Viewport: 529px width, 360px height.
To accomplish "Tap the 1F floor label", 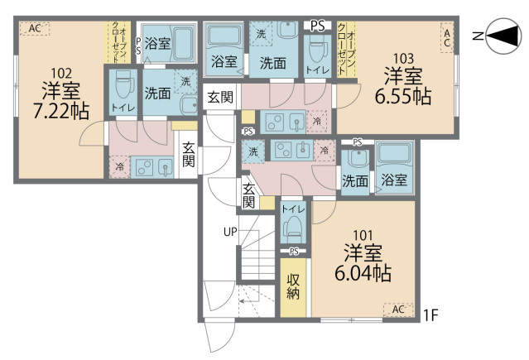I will [x=430, y=314].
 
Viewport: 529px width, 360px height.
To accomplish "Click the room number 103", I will [x=404, y=58].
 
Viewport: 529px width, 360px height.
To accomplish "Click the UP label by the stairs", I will [x=230, y=233].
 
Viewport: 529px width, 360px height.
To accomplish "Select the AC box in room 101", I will [x=397, y=310].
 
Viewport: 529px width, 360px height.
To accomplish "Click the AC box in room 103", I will [x=446, y=36].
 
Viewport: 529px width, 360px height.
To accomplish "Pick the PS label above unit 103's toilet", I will [x=317, y=26].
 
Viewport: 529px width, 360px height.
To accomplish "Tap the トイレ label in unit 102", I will [x=121, y=108].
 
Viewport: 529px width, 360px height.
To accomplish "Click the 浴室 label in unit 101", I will [x=394, y=180].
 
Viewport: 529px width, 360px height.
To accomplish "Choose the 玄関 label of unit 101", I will [x=248, y=196].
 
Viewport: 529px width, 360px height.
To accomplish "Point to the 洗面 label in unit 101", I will [x=355, y=180].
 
